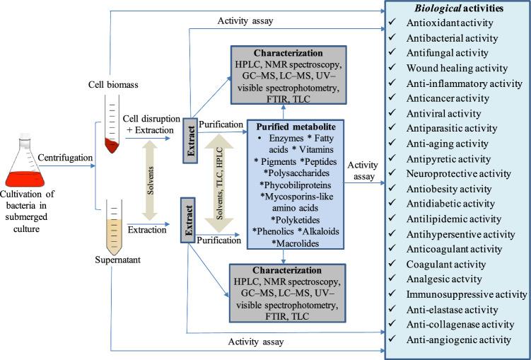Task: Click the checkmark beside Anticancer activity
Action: pos(392,98)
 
